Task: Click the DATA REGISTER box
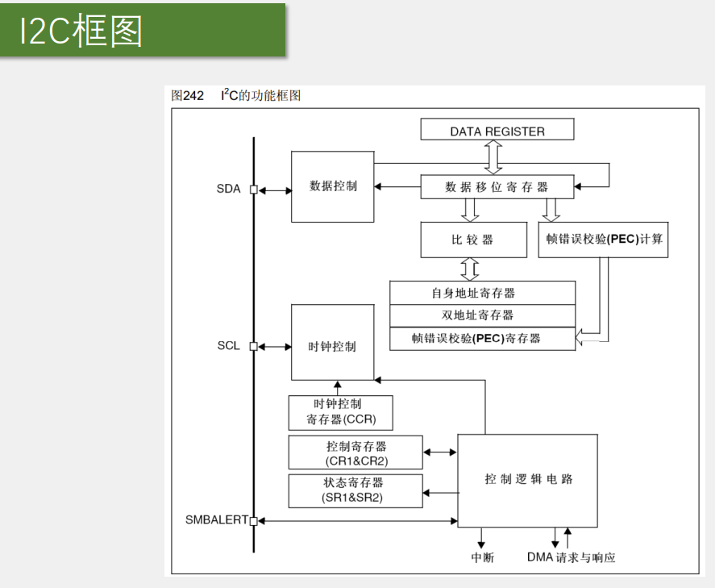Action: click(497, 131)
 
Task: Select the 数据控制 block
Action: click(332, 186)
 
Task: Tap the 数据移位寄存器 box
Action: click(497, 187)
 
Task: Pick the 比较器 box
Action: click(473, 240)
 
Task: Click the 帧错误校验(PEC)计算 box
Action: click(603, 240)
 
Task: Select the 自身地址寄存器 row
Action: click(482, 293)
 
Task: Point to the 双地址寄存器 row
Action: click(482, 315)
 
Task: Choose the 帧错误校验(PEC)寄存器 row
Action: click(482, 338)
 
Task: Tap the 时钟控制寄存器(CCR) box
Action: click(341, 412)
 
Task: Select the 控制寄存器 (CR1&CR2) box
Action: click(355, 452)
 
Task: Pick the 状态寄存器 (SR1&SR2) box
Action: click(355, 490)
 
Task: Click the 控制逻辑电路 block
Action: click(528, 480)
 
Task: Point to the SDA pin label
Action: click(228, 190)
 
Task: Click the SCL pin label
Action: click(228, 347)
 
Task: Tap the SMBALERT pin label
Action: click(216, 520)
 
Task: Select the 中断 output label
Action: click(482, 557)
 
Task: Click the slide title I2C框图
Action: click(82, 31)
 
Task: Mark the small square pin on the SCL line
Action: click(253, 347)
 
